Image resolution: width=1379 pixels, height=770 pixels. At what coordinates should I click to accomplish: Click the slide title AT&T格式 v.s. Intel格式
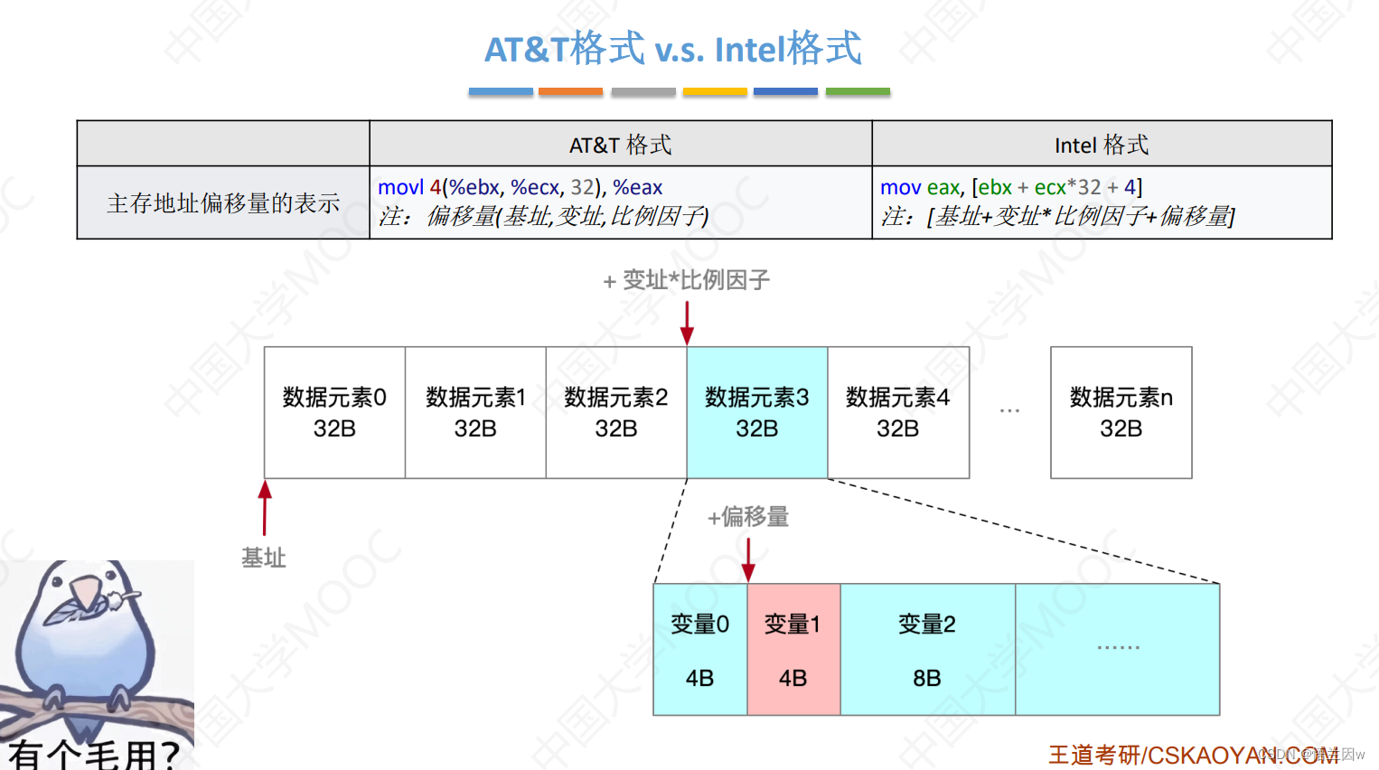point(673,49)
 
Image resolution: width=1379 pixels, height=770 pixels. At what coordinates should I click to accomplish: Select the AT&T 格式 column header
point(620,145)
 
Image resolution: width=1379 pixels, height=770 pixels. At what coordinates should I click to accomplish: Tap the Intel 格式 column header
point(1101,145)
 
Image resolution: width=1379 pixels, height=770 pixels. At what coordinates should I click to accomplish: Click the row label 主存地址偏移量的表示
point(223,203)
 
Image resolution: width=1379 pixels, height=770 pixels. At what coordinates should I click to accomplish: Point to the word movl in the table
point(400,187)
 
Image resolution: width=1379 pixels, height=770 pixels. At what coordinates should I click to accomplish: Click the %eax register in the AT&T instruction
point(637,187)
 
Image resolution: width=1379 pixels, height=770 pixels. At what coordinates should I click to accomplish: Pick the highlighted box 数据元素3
point(757,412)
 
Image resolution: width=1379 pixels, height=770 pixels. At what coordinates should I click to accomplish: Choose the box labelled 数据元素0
point(334,412)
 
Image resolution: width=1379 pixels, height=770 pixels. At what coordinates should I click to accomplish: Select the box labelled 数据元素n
point(1121,412)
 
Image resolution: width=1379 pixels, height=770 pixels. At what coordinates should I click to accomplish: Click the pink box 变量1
point(793,650)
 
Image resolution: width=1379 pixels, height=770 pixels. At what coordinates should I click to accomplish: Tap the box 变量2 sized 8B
point(927,650)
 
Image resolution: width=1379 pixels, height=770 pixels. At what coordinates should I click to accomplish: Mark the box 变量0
point(699,650)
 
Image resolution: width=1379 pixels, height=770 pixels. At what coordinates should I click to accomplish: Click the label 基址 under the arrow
point(264,559)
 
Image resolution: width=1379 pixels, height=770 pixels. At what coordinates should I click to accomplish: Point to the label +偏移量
point(748,517)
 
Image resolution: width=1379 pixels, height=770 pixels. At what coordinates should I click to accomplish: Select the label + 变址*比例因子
point(687,280)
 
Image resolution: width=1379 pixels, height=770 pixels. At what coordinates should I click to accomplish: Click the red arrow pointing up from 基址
point(265,507)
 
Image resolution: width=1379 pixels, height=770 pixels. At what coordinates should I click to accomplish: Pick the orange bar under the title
point(570,91)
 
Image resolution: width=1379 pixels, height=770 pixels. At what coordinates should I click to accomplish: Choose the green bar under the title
point(858,91)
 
